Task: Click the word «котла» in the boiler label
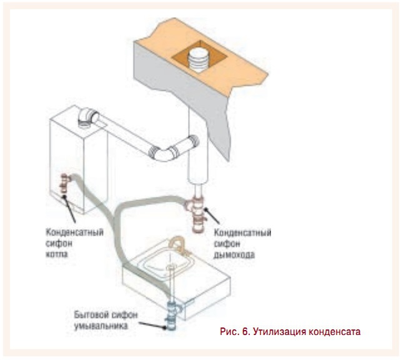click(57, 254)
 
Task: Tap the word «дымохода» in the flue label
click(234, 255)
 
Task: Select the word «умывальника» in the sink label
click(101, 326)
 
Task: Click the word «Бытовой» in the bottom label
click(89, 314)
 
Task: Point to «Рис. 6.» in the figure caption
click(235, 331)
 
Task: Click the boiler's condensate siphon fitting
click(64, 184)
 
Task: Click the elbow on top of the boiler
click(87, 117)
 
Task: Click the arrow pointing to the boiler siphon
click(69, 208)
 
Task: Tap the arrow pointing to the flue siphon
click(211, 216)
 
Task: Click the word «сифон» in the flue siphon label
click(227, 244)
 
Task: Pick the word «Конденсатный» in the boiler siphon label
click(74, 232)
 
